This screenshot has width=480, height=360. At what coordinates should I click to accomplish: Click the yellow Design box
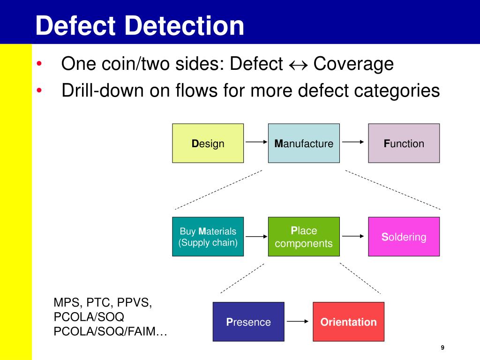[208, 143]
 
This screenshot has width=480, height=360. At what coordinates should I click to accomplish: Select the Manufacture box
[304, 143]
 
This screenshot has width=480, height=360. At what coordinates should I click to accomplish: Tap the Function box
[404, 143]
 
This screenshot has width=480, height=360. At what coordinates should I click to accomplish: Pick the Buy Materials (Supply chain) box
[208, 236]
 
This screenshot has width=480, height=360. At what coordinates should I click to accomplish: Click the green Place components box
[304, 236]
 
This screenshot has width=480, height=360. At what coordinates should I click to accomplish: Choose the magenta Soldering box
[404, 236]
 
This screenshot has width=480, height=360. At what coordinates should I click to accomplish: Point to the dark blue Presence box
[248, 322]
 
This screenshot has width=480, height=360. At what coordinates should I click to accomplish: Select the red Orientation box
[348, 322]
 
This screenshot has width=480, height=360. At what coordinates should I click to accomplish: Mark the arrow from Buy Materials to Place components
[256, 237]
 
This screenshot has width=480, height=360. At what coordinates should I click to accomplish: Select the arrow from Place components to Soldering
[353, 237]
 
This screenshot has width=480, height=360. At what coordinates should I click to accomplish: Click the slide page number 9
[442, 347]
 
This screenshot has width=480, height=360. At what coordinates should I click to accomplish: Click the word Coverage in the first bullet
[353, 64]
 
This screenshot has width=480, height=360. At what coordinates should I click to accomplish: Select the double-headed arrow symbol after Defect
[298, 65]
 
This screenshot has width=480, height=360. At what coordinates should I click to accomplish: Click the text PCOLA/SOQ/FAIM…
[111, 331]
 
